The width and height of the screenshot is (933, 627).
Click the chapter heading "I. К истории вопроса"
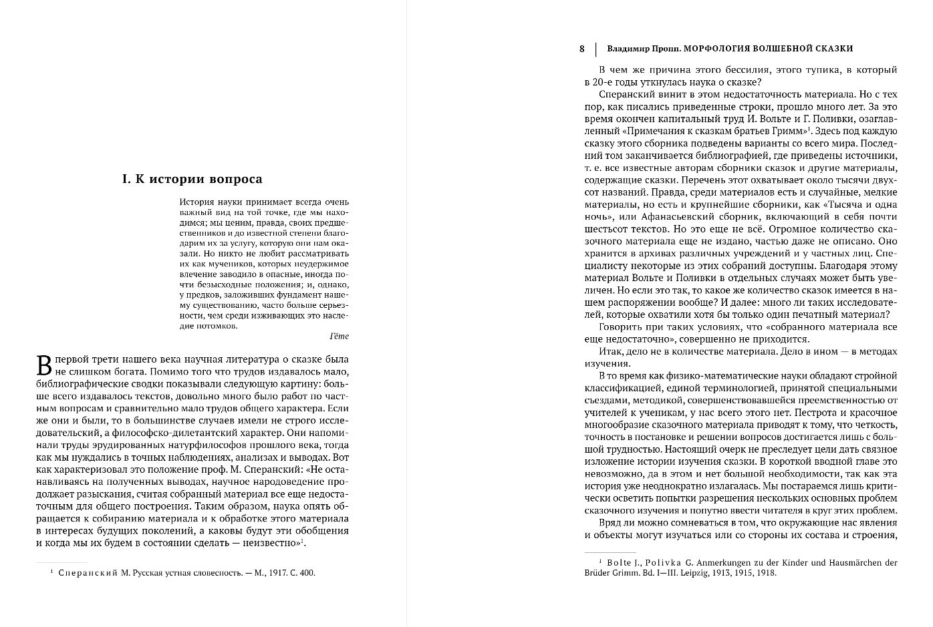[x=192, y=179]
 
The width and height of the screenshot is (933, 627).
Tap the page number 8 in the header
[x=581, y=49]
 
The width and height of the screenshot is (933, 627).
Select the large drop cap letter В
[x=43, y=365]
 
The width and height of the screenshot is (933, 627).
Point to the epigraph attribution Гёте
[x=340, y=337]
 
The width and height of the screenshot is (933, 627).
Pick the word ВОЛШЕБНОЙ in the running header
[x=775, y=49]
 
